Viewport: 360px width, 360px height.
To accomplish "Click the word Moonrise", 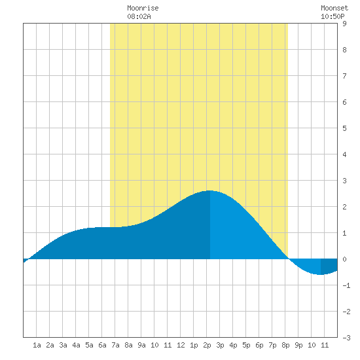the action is coord(143,8).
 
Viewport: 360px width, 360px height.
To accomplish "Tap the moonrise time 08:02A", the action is coord(139,16).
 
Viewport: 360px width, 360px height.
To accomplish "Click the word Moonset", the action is coord(334,8).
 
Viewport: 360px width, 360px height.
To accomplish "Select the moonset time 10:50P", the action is coord(333,16).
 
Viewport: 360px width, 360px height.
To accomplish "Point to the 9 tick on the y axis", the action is coord(344,24).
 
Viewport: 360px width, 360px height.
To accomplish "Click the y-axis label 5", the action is coord(344,128).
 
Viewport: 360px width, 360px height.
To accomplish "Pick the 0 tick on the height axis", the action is coord(344,259).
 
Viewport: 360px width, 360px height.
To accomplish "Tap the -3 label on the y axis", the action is coord(346,338).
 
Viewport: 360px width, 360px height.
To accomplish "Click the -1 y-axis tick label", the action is coord(346,285).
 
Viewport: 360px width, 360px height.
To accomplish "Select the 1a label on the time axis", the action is coord(37,345).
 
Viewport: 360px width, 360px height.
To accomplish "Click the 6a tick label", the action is coord(102,345).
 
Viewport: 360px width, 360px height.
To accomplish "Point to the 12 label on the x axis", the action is coord(181,345).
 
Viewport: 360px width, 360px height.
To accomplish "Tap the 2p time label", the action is coord(207,345).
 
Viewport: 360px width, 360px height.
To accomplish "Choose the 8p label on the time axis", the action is coord(285,345).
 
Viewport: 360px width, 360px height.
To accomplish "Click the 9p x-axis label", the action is coord(298,345).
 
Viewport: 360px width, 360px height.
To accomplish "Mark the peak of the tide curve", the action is coord(210,190).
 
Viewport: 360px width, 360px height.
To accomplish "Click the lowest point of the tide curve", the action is coord(321,274).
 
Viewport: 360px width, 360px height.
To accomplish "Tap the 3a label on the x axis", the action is coord(63,345).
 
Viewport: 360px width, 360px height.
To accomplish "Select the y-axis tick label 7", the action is coord(344,76).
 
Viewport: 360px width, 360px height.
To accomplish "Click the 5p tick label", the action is coord(246,345).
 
